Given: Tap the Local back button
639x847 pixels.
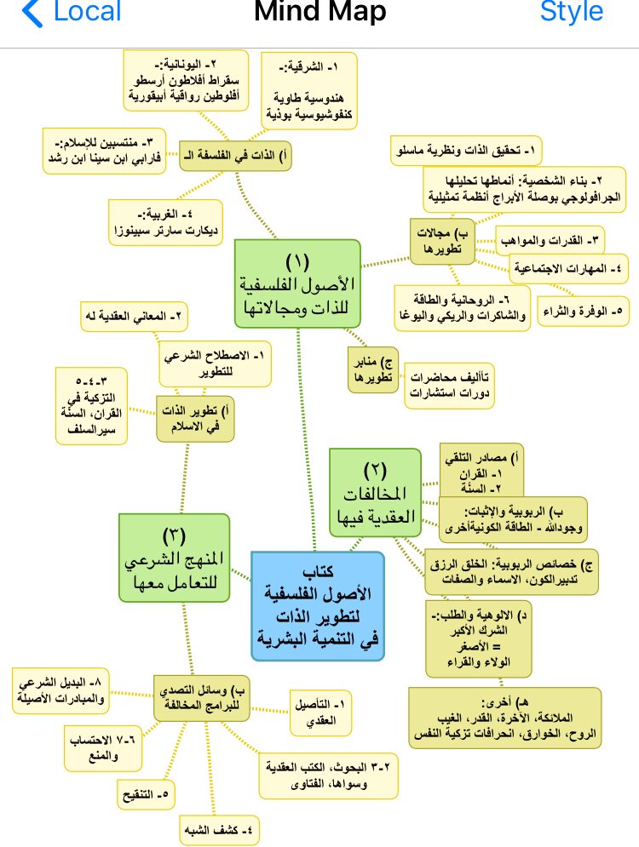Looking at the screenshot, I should point(72,13).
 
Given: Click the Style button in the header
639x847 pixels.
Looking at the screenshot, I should point(571,13).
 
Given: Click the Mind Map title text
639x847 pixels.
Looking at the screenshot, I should point(319,13).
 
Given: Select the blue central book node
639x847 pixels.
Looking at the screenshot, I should point(318,605).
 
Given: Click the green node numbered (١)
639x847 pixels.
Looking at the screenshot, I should point(297,282).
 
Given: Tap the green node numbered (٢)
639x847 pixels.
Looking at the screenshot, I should point(376,493).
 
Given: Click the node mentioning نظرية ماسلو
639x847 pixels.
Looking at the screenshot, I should point(465,152).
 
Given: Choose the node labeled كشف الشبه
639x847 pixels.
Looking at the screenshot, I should point(220,827).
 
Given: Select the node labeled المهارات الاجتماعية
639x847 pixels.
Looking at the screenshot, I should point(568,269).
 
